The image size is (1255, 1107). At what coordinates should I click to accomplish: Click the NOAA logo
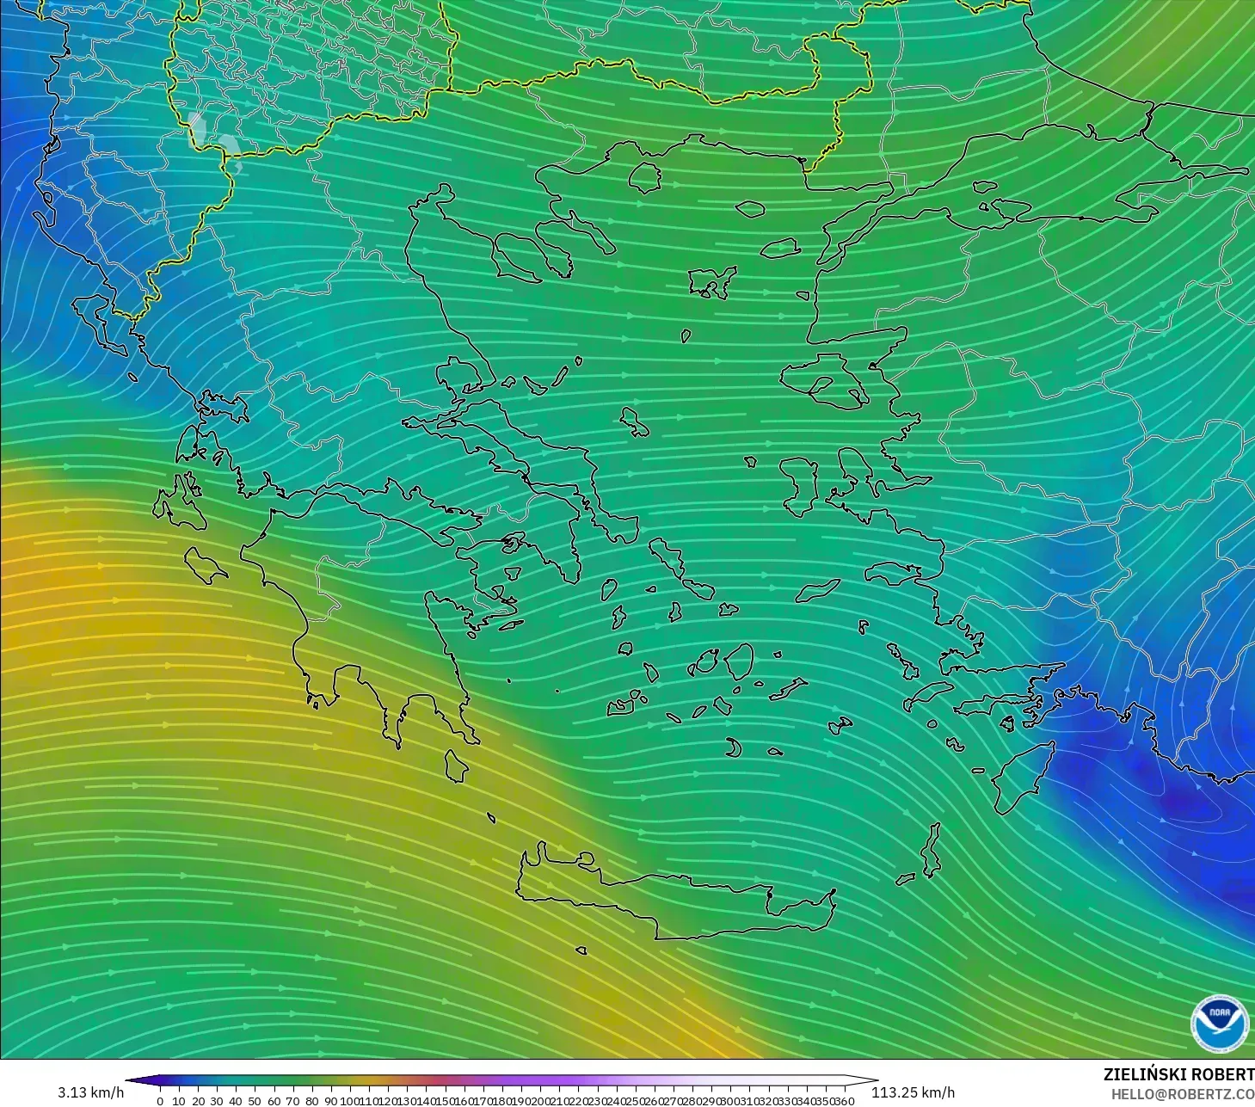(x=1219, y=1023)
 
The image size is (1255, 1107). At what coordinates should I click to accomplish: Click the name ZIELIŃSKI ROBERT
(x=1178, y=1074)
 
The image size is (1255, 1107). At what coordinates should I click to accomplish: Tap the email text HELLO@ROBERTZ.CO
(x=1182, y=1093)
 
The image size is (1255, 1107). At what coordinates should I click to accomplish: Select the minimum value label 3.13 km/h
(x=90, y=1092)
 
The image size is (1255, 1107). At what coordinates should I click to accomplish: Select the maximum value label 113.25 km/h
(x=913, y=1092)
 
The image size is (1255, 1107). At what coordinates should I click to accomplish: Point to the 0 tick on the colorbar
(x=160, y=1101)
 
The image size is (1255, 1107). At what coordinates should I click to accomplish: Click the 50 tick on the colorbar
(x=255, y=1101)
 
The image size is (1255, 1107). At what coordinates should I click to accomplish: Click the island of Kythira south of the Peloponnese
(x=456, y=766)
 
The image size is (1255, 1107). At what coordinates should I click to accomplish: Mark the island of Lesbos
(x=821, y=382)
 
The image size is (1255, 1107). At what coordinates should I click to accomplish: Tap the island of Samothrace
(x=750, y=208)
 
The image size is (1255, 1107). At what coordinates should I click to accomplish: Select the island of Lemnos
(x=711, y=280)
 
